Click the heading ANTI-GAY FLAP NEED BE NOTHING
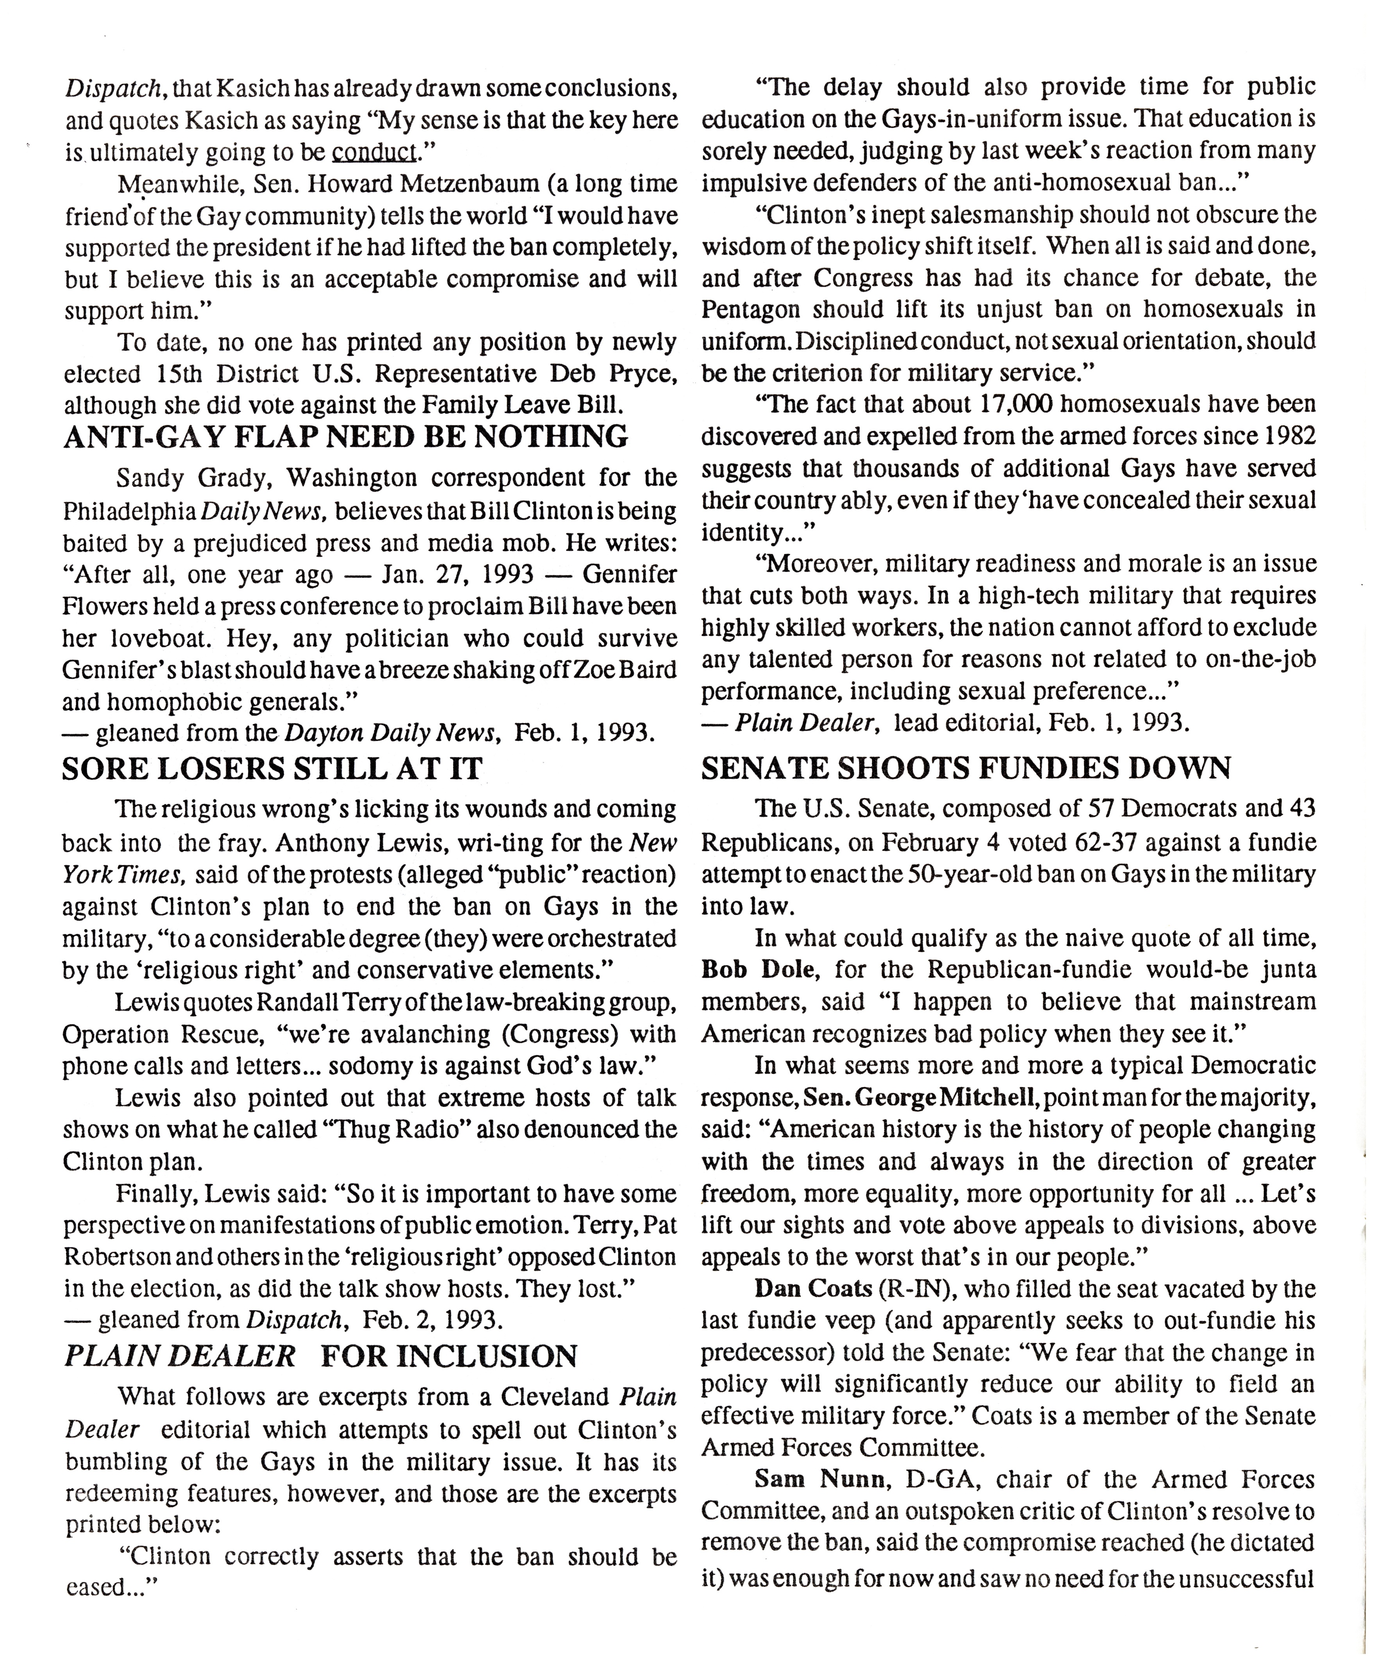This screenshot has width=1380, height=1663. (345, 436)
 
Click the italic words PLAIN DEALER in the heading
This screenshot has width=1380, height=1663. (179, 1356)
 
